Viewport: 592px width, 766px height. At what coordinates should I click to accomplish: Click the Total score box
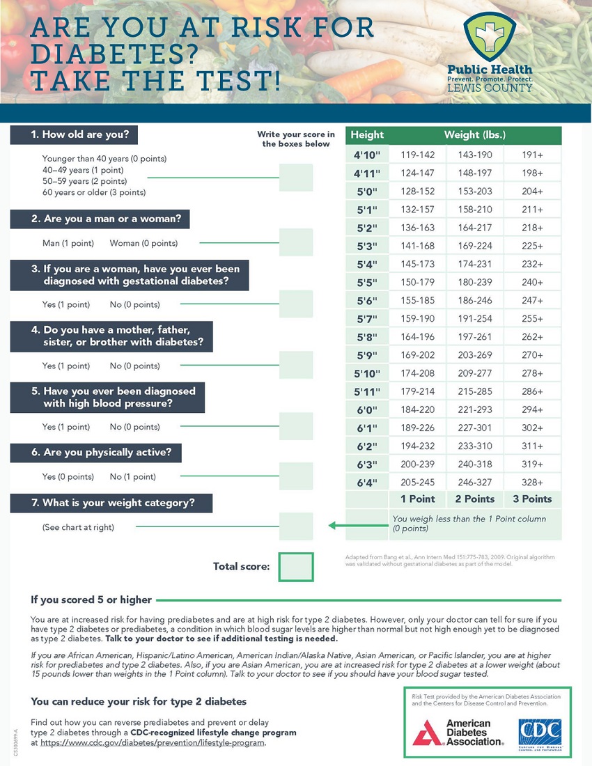pos(296,566)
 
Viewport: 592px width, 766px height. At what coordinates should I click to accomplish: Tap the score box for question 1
pos(296,178)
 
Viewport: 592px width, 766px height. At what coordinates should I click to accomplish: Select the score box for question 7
pos(296,526)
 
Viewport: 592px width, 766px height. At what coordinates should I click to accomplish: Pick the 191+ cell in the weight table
pos(533,155)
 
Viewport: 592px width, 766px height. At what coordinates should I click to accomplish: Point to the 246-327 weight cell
pos(474,482)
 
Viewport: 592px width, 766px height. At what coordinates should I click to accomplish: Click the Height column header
pos(367,134)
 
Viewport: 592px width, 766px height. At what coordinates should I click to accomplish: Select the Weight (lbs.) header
pos(475,134)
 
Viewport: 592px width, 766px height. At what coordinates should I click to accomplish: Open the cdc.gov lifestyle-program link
pos(153,743)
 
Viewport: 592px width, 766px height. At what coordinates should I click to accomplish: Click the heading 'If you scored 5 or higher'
pos(91,599)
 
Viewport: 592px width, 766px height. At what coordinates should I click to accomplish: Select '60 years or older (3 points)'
pos(94,192)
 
